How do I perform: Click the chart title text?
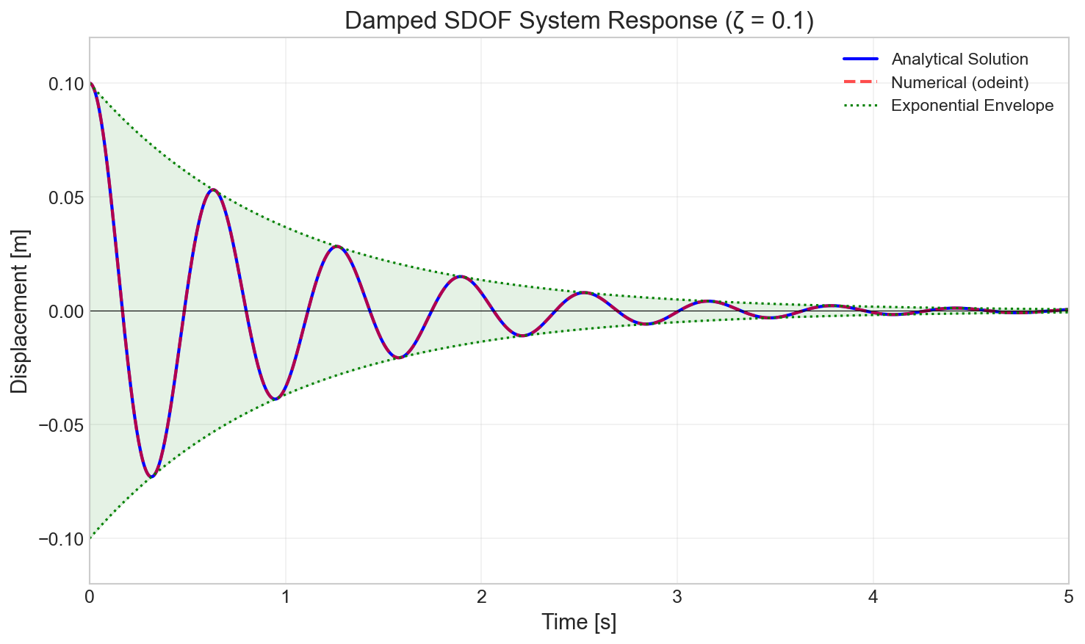tap(579, 21)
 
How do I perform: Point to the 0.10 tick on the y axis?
tap(66, 84)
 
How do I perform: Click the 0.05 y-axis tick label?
tap(66, 198)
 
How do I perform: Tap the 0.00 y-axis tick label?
tap(66, 311)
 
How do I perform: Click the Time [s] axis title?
tap(579, 623)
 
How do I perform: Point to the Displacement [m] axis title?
tap(20, 311)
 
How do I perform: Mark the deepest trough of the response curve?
tap(151, 477)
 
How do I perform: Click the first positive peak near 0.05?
tap(212, 189)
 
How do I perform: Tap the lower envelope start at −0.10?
tap(90, 538)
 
